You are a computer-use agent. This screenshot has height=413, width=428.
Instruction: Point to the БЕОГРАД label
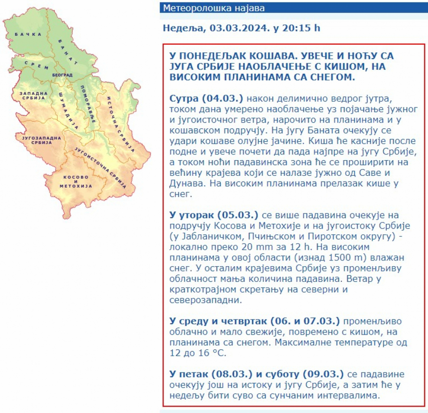62,75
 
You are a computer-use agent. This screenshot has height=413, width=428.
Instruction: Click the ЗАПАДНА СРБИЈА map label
33,95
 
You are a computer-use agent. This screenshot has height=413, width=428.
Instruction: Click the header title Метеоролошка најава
214,8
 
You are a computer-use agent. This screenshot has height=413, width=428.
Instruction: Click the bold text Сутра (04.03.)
206,98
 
